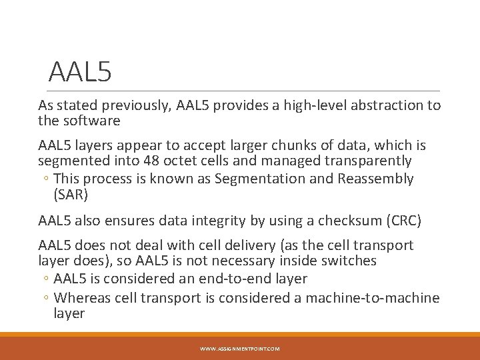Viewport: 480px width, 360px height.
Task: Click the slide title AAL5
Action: [x=80, y=71]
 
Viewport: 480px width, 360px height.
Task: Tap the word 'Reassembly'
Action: [x=375, y=179]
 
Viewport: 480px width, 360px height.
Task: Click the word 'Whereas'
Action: [x=82, y=297]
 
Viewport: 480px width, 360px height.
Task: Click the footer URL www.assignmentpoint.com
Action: [x=240, y=349]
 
